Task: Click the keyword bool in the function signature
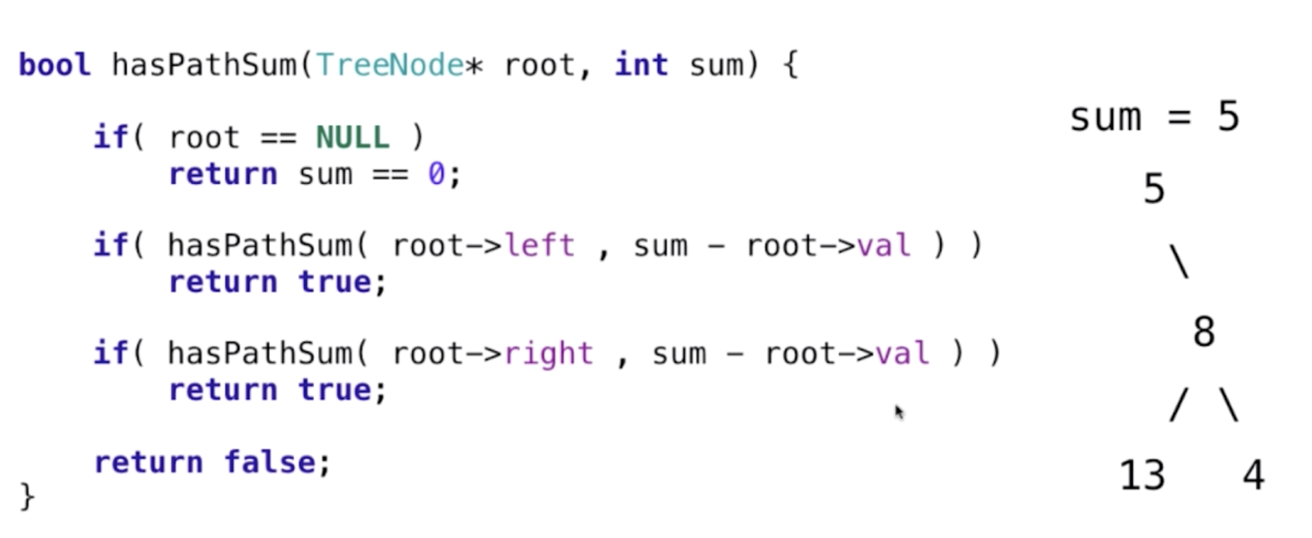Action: [55, 65]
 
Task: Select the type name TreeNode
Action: [389, 65]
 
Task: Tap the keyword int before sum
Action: [641, 65]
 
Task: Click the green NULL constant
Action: [353, 138]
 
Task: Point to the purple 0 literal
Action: [436, 175]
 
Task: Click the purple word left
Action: [540, 246]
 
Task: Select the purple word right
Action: [549, 354]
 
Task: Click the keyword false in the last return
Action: [269, 462]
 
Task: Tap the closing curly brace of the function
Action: [27, 497]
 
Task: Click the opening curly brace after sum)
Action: [792, 65]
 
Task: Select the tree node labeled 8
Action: [1203, 333]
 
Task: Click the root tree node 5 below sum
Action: [1154, 189]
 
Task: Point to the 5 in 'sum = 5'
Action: [1228, 117]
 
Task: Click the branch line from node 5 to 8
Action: [1180, 262]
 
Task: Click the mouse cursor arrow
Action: [899, 412]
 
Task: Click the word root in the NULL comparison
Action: [204, 138]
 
